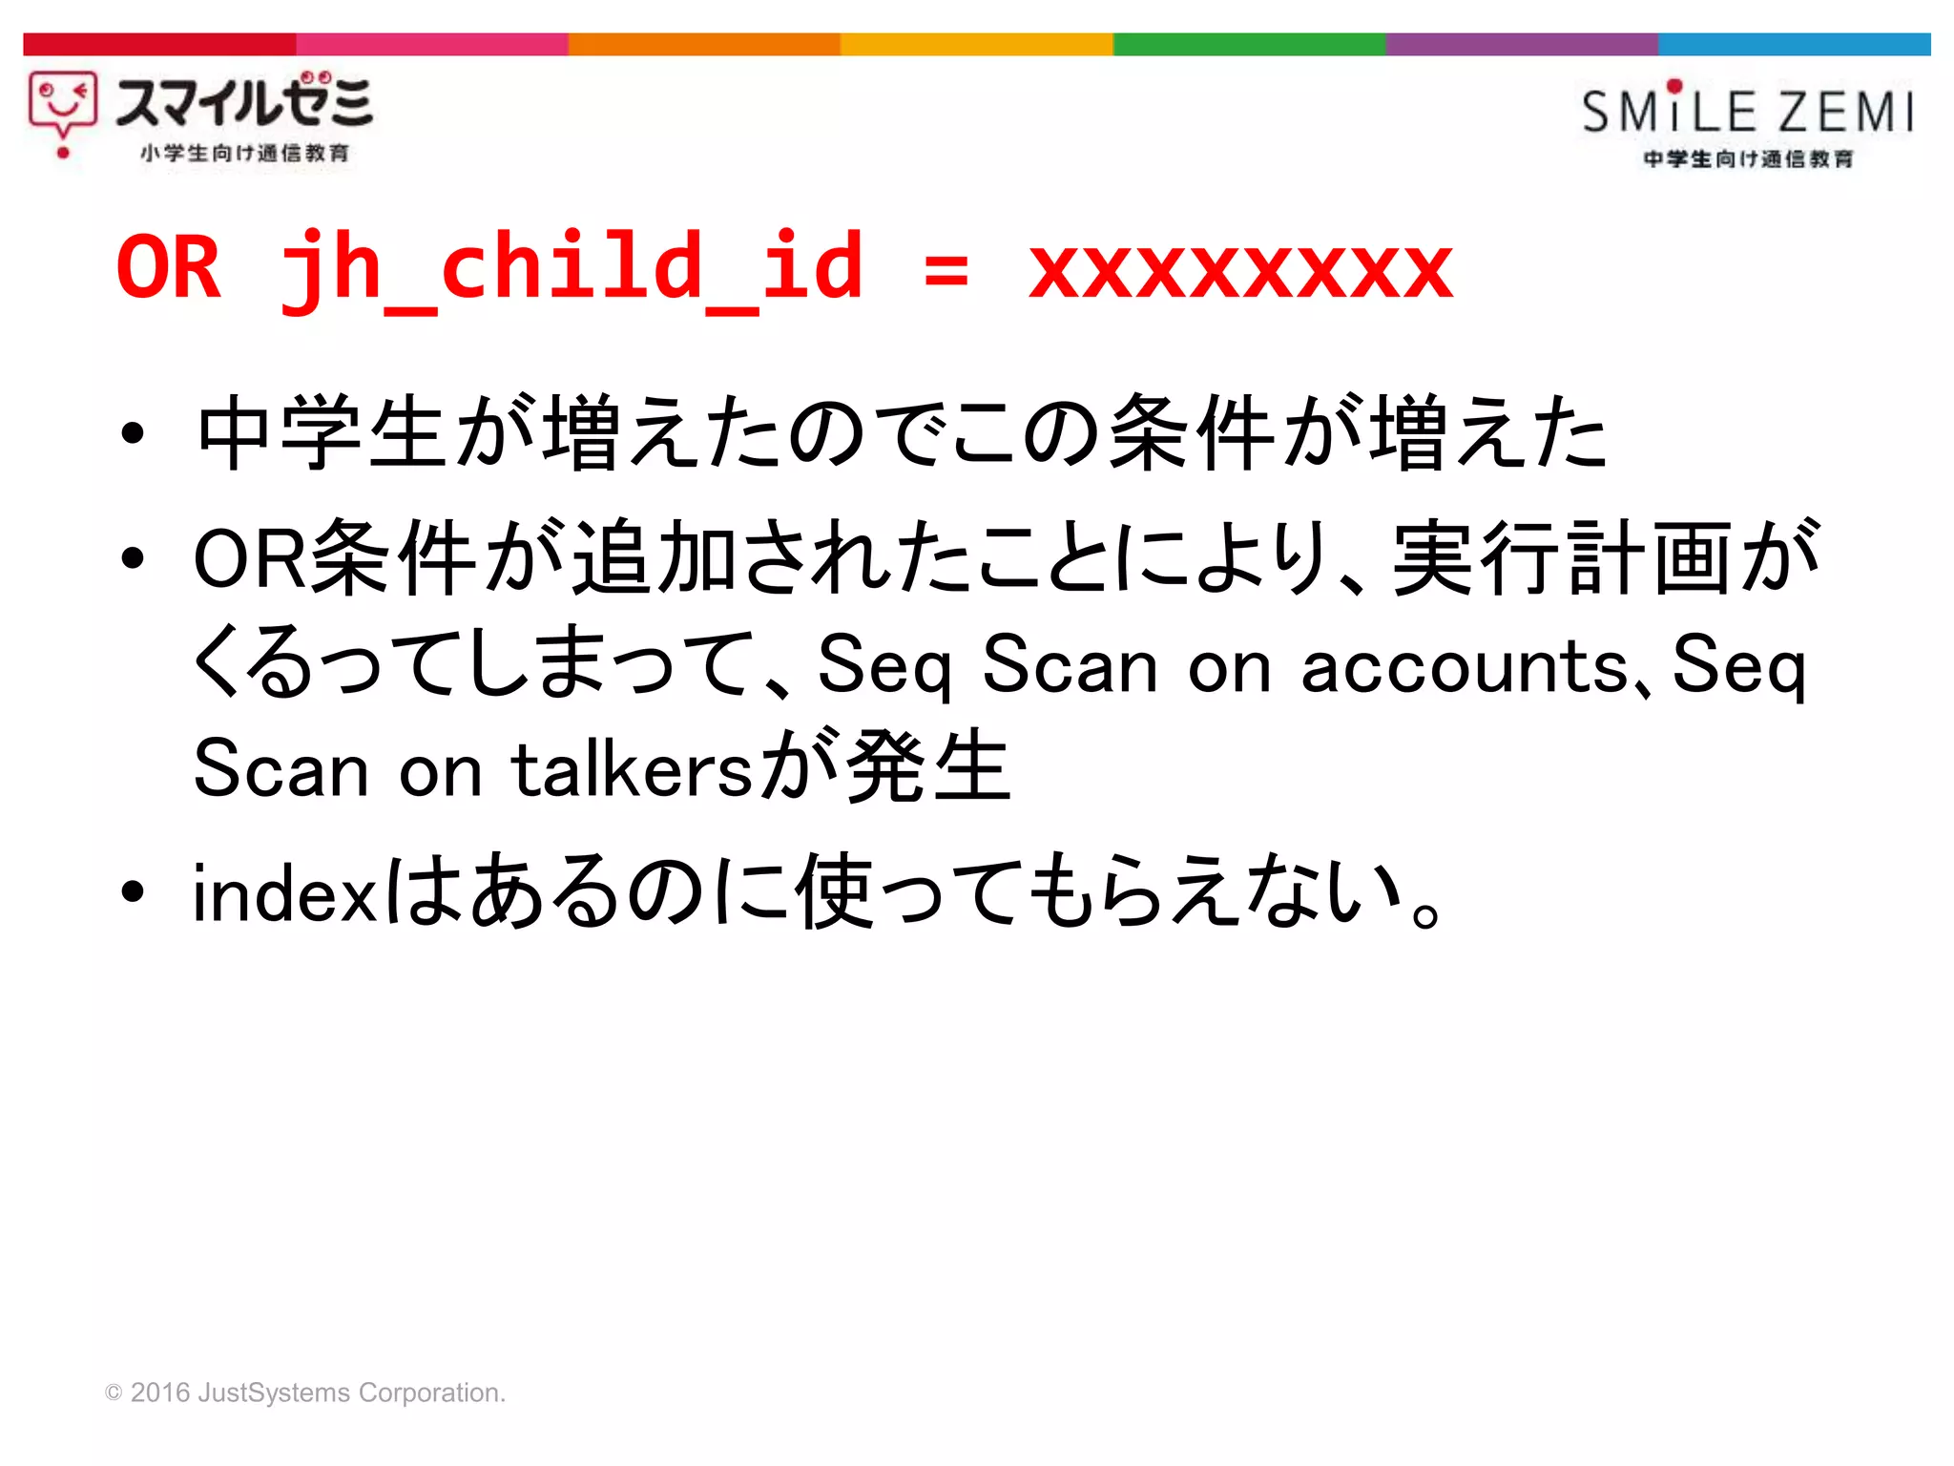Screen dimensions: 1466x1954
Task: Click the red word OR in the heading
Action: click(x=168, y=268)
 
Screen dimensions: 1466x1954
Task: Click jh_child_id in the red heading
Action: click(x=572, y=268)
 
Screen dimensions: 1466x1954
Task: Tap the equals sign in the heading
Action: click(x=946, y=271)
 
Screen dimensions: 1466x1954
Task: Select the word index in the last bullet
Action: click(x=285, y=894)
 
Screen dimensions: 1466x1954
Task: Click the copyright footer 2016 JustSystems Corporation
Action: click(x=305, y=1393)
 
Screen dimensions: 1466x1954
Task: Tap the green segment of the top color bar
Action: click(x=1248, y=44)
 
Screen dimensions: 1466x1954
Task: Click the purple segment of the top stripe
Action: click(x=1521, y=44)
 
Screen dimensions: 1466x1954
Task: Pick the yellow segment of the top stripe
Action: click(x=976, y=44)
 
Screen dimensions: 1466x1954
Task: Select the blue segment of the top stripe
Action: click(x=1794, y=44)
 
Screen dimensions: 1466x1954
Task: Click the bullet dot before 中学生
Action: click(x=133, y=434)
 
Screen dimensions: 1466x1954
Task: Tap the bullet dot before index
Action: click(x=133, y=892)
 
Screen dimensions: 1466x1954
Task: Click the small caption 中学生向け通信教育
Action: click(x=1748, y=158)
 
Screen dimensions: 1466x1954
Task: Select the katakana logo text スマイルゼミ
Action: click(x=244, y=101)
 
